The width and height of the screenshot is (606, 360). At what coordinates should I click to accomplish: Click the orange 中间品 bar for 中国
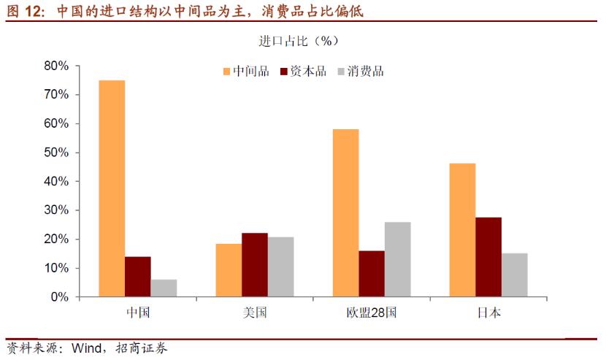click(112, 188)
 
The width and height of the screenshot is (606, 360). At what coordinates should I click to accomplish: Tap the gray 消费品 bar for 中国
click(164, 288)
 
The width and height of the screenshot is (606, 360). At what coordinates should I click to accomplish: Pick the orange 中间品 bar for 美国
click(229, 270)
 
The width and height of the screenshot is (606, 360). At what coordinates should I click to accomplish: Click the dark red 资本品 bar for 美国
click(255, 265)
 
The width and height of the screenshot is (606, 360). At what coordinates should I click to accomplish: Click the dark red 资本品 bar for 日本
click(488, 257)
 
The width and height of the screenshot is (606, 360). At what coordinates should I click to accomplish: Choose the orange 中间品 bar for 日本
click(462, 230)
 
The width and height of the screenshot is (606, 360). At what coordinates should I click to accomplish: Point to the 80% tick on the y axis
click(56, 66)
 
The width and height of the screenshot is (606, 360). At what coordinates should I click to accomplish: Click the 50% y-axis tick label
click(56, 153)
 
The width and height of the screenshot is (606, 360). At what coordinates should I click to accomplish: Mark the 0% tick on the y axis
click(59, 297)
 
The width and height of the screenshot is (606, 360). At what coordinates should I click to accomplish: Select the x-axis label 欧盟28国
click(372, 313)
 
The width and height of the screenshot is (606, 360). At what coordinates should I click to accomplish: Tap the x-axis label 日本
click(488, 313)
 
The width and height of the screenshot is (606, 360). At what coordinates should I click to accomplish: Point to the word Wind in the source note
click(85, 348)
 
